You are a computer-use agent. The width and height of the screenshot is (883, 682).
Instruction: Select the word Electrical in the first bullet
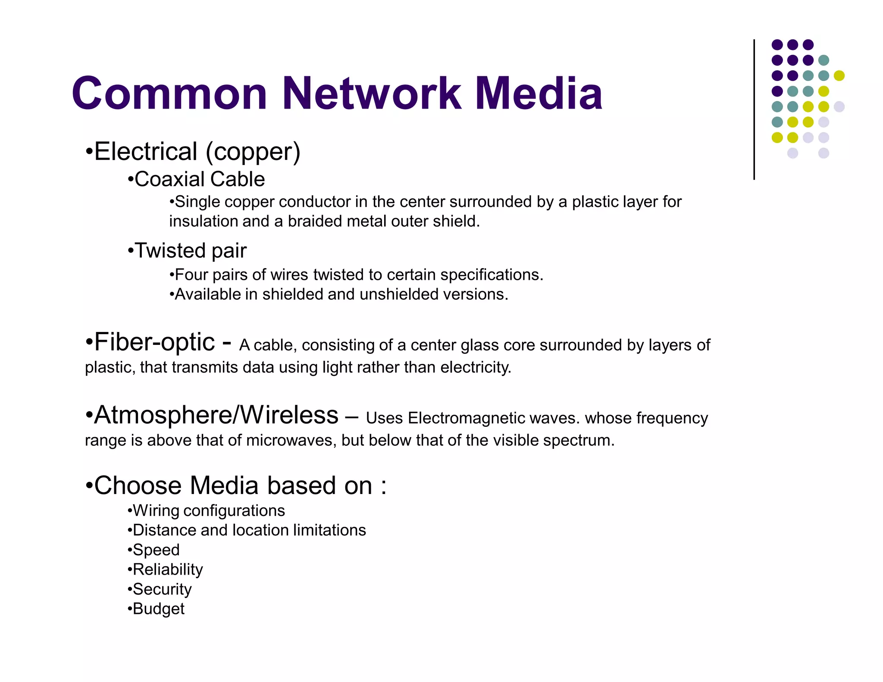click(146, 152)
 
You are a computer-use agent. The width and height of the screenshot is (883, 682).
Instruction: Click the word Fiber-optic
click(154, 342)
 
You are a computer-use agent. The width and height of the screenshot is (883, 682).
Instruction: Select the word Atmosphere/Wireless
click(216, 415)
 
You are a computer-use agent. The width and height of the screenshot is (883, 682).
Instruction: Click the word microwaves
click(291, 440)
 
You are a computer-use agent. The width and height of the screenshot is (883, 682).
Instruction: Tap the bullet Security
click(162, 589)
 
